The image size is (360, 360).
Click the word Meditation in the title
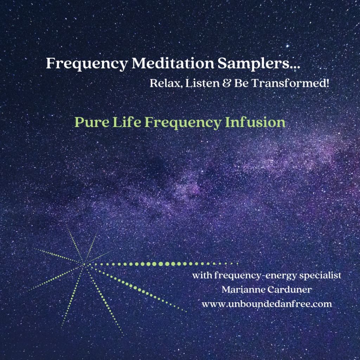click(173, 63)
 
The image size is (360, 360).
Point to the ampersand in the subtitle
click(226, 83)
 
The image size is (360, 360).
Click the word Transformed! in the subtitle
click(290, 83)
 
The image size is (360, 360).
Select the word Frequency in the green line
click(183, 123)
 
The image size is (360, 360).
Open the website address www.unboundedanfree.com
click(267, 304)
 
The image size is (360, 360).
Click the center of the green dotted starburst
click(84, 264)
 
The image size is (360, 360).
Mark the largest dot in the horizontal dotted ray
click(161, 264)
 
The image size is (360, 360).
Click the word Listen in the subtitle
click(202, 83)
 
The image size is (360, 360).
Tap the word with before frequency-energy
click(202, 275)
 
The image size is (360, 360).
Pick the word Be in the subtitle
click(241, 83)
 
